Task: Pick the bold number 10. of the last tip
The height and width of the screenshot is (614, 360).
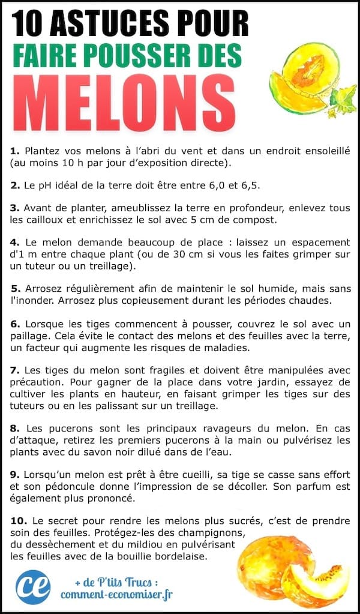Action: point(19,520)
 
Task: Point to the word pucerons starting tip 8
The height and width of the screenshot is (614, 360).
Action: point(62,428)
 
